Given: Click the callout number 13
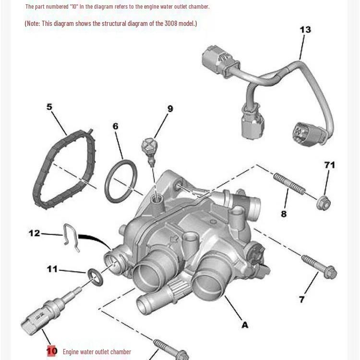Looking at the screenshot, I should point(305,30).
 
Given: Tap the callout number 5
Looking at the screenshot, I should point(49,107).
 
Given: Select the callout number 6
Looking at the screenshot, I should point(115,126).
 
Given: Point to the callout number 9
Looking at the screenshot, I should point(170,109).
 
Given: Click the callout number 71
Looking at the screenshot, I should point(329,165).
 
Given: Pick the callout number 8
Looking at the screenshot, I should point(284,214).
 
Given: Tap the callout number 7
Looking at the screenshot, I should point(302,300).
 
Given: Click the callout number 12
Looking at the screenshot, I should point(34,233).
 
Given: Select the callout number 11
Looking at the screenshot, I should point(52,269).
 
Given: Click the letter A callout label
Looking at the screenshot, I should point(245,325).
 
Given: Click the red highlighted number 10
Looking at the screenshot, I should point(52,351).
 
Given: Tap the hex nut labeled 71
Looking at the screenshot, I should point(324,204).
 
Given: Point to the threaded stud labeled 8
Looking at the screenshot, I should point(289,184).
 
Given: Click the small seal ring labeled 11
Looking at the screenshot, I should point(96,277).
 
